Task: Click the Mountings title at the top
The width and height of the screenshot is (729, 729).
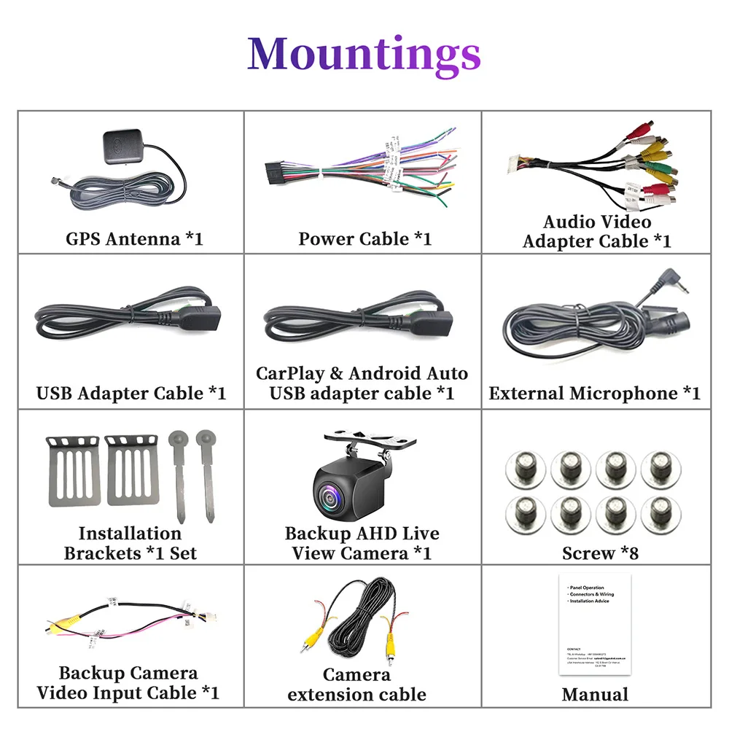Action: [x=364, y=54]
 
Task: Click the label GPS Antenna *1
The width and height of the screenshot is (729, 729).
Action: [x=134, y=238]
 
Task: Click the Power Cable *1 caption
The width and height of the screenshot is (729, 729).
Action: [x=364, y=238]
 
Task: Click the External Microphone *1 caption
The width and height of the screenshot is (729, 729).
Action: [x=594, y=394]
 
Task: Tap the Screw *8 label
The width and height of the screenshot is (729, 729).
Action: [x=600, y=553]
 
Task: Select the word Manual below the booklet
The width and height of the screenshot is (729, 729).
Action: [x=594, y=694]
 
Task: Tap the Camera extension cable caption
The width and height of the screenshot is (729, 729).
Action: [x=357, y=685]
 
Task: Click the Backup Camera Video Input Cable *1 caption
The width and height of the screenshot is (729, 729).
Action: [x=128, y=682]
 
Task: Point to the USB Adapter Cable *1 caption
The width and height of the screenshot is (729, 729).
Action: [x=131, y=394]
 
